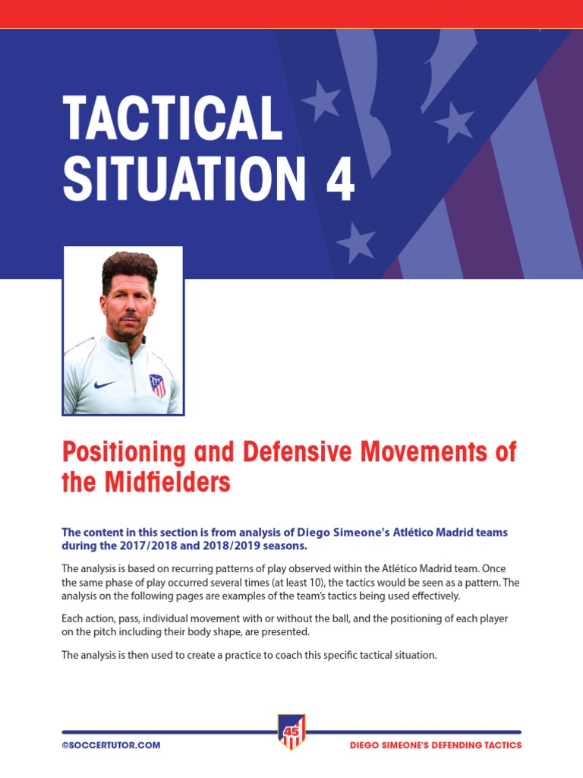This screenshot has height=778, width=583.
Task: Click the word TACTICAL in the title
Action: tap(173, 119)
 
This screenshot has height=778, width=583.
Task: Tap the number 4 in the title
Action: tap(339, 180)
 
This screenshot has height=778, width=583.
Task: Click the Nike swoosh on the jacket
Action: tap(105, 384)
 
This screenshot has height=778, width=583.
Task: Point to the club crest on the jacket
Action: tap(157, 384)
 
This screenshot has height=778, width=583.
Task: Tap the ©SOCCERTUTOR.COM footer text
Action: tap(111, 745)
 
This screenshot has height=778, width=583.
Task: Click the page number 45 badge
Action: tap(291, 732)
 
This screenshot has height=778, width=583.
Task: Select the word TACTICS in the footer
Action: tap(501, 745)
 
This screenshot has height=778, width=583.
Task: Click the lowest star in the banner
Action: tap(355, 243)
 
